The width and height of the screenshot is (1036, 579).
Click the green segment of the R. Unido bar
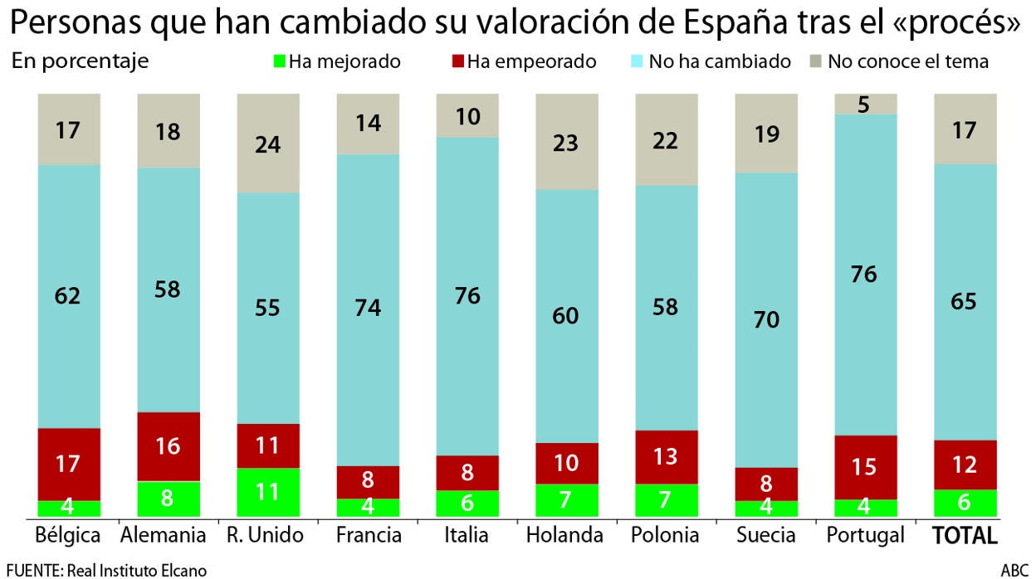(x=268, y=493)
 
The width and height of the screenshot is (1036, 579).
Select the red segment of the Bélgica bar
(x=69, y=464)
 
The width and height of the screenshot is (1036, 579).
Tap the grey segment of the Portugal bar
(x=866, y=104)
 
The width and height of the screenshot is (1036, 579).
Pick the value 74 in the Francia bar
(x=368, y=308)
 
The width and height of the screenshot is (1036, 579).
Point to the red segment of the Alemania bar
(x=169, y=446)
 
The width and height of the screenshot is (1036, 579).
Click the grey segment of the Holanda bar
(x=567, y=141)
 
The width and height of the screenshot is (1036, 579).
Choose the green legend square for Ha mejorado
(x=279, y=61)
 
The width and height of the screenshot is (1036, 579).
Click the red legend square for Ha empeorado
(x=457, y=61)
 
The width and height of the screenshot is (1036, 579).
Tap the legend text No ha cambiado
(x=720, y=61)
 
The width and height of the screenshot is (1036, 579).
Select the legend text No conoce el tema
(x=908, y=61)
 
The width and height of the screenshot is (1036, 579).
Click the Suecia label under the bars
(x=765, y=536)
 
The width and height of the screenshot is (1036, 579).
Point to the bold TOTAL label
(x=965, y=536)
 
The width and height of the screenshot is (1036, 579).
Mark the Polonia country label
(x=666, y=536)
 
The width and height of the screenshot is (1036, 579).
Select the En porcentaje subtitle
(x=81, y=61)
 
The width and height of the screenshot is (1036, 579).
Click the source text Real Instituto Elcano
(x=137, y=570)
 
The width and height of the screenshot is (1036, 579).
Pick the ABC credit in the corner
(x=1014, y=570)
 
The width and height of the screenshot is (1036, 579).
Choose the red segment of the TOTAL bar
(x=965, y=465)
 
